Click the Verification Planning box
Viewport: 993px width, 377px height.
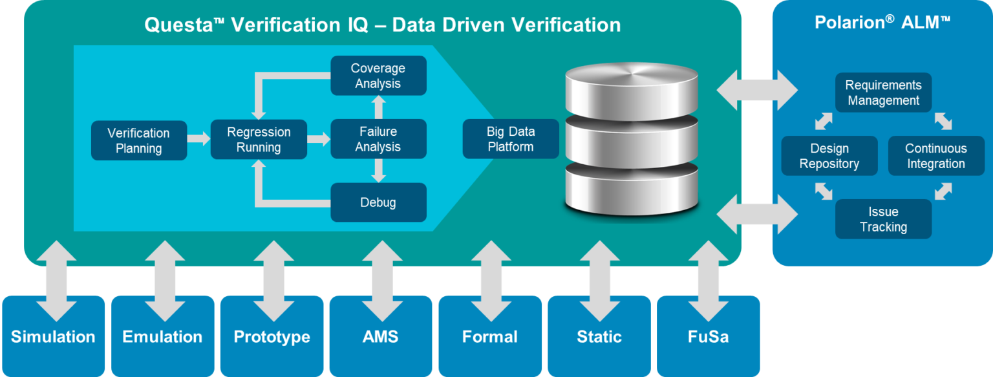138,140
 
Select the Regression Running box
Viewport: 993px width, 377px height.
259,140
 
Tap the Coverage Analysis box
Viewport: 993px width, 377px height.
378,76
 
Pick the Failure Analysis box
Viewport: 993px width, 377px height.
378,139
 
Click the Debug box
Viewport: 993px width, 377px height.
378,202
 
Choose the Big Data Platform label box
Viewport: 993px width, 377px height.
510,139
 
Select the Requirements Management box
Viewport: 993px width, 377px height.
883,93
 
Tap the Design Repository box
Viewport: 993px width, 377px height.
829,156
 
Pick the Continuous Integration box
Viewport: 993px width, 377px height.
935,156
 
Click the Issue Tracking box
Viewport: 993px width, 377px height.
883,219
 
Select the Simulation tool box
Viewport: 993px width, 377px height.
53,336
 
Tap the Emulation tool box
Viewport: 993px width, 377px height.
162,336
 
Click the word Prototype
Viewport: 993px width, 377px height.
272,337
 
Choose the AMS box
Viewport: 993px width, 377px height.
380,336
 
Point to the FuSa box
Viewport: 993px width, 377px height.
708,336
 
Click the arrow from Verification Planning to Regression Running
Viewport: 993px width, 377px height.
198,138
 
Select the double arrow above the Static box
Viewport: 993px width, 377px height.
599,281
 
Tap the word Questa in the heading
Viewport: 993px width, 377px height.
169,25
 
